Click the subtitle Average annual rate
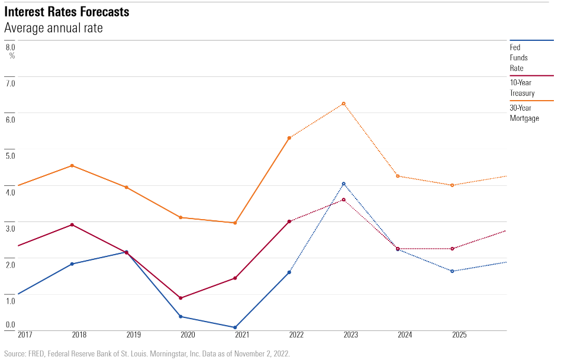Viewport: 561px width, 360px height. coord(53,28)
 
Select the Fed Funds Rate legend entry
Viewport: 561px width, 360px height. coord(518,57)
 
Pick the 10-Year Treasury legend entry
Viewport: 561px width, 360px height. coord(522,88)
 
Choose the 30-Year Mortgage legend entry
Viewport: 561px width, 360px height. coord(524,113)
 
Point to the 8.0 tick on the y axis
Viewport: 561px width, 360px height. coord(10,46)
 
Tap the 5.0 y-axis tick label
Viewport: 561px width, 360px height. coord(10,156)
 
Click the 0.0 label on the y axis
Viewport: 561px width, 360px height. coord(10,324)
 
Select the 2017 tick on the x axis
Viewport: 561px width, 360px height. coord(25,335)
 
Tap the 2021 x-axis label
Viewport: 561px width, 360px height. coord(242,335)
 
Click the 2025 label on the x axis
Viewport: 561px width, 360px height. coord(459,335)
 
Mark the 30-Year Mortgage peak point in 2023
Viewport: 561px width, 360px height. coord(343,104)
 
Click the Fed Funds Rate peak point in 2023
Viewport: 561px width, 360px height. coord(343,184)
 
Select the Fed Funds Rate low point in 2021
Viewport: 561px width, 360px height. coord(235,327)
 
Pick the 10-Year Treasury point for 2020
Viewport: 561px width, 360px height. coord(180,298)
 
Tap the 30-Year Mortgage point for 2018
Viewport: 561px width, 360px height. coord(72,166)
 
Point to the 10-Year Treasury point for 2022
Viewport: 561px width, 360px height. coord(289,221)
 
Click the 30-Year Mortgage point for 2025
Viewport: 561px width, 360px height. coord(452,185)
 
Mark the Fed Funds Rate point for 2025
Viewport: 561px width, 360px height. coord(452,271)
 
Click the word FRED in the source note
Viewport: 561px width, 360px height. coord(34,353)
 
